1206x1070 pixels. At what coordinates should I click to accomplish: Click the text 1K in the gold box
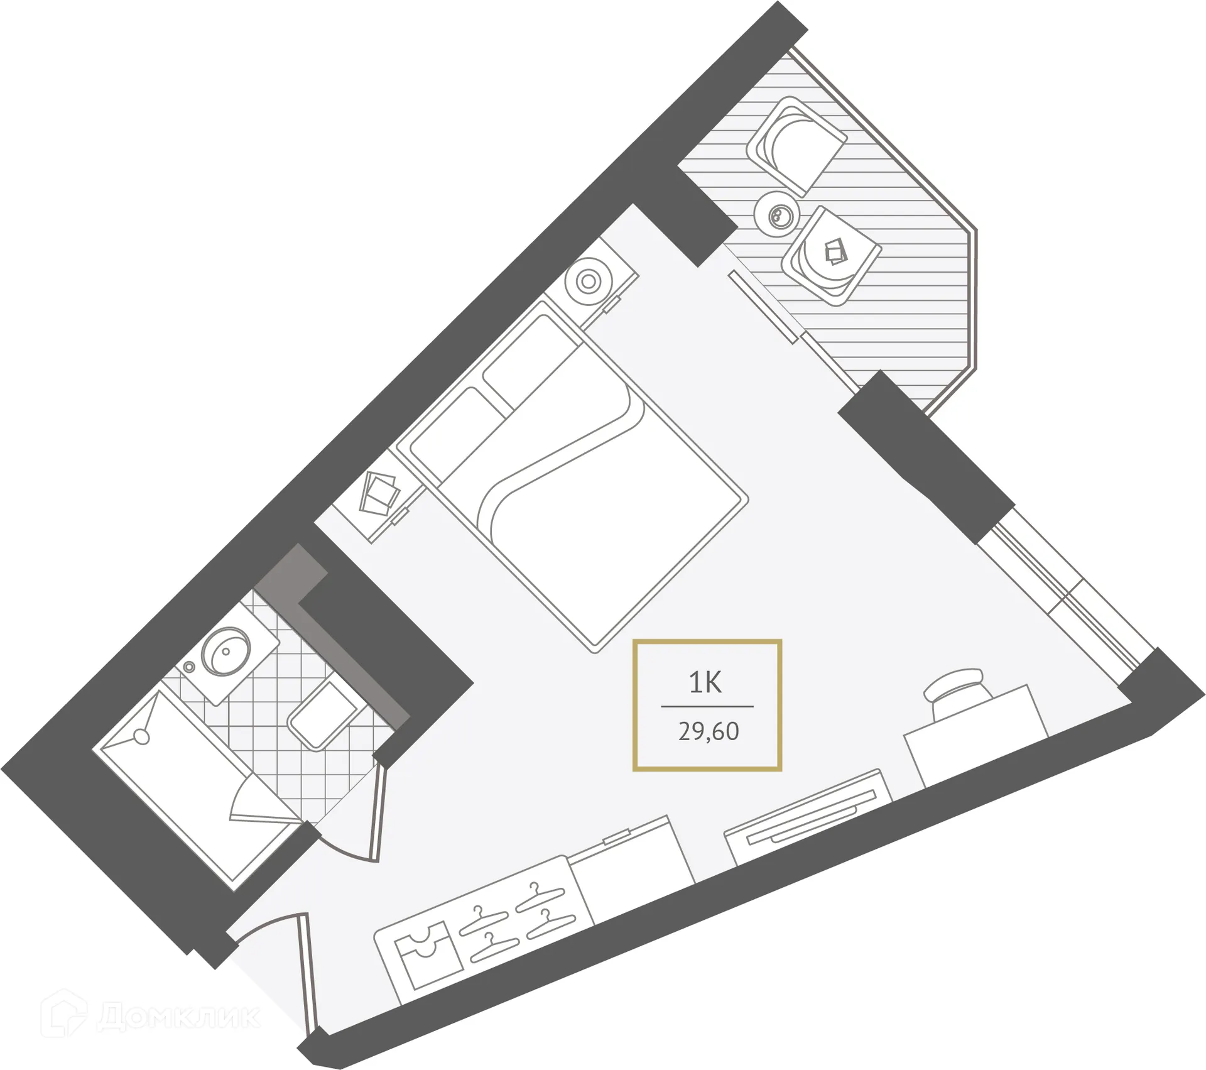[705, 682]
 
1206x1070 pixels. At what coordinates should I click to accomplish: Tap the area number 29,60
[708, 731]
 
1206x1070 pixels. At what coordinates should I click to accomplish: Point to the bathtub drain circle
[142, 736]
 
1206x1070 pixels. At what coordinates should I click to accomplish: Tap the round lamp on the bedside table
[589, 281]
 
